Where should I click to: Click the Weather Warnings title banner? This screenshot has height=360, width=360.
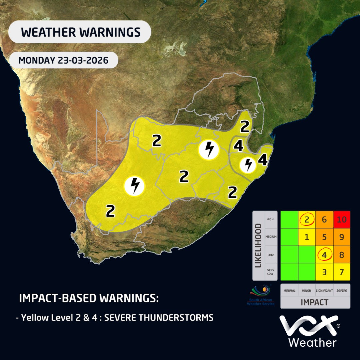coord(80,32)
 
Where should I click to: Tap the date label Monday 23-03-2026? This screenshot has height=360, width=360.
coord(63,60)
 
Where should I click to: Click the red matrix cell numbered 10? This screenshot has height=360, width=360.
coord(341,220)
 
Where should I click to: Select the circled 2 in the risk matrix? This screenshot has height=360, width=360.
coord(306,220)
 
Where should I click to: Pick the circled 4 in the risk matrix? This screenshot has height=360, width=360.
coord(324,255)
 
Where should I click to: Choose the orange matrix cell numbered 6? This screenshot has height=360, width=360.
coord(324,220)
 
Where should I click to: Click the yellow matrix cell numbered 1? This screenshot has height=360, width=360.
coord(306,237)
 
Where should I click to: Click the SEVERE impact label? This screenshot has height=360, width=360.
coord(341,291)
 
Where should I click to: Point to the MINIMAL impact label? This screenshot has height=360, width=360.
coord(289,291)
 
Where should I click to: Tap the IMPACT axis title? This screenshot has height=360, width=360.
coord(315,302)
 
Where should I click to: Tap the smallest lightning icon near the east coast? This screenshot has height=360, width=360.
coord(248,164)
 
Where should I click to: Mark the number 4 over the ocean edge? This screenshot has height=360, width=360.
coord(263,161)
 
